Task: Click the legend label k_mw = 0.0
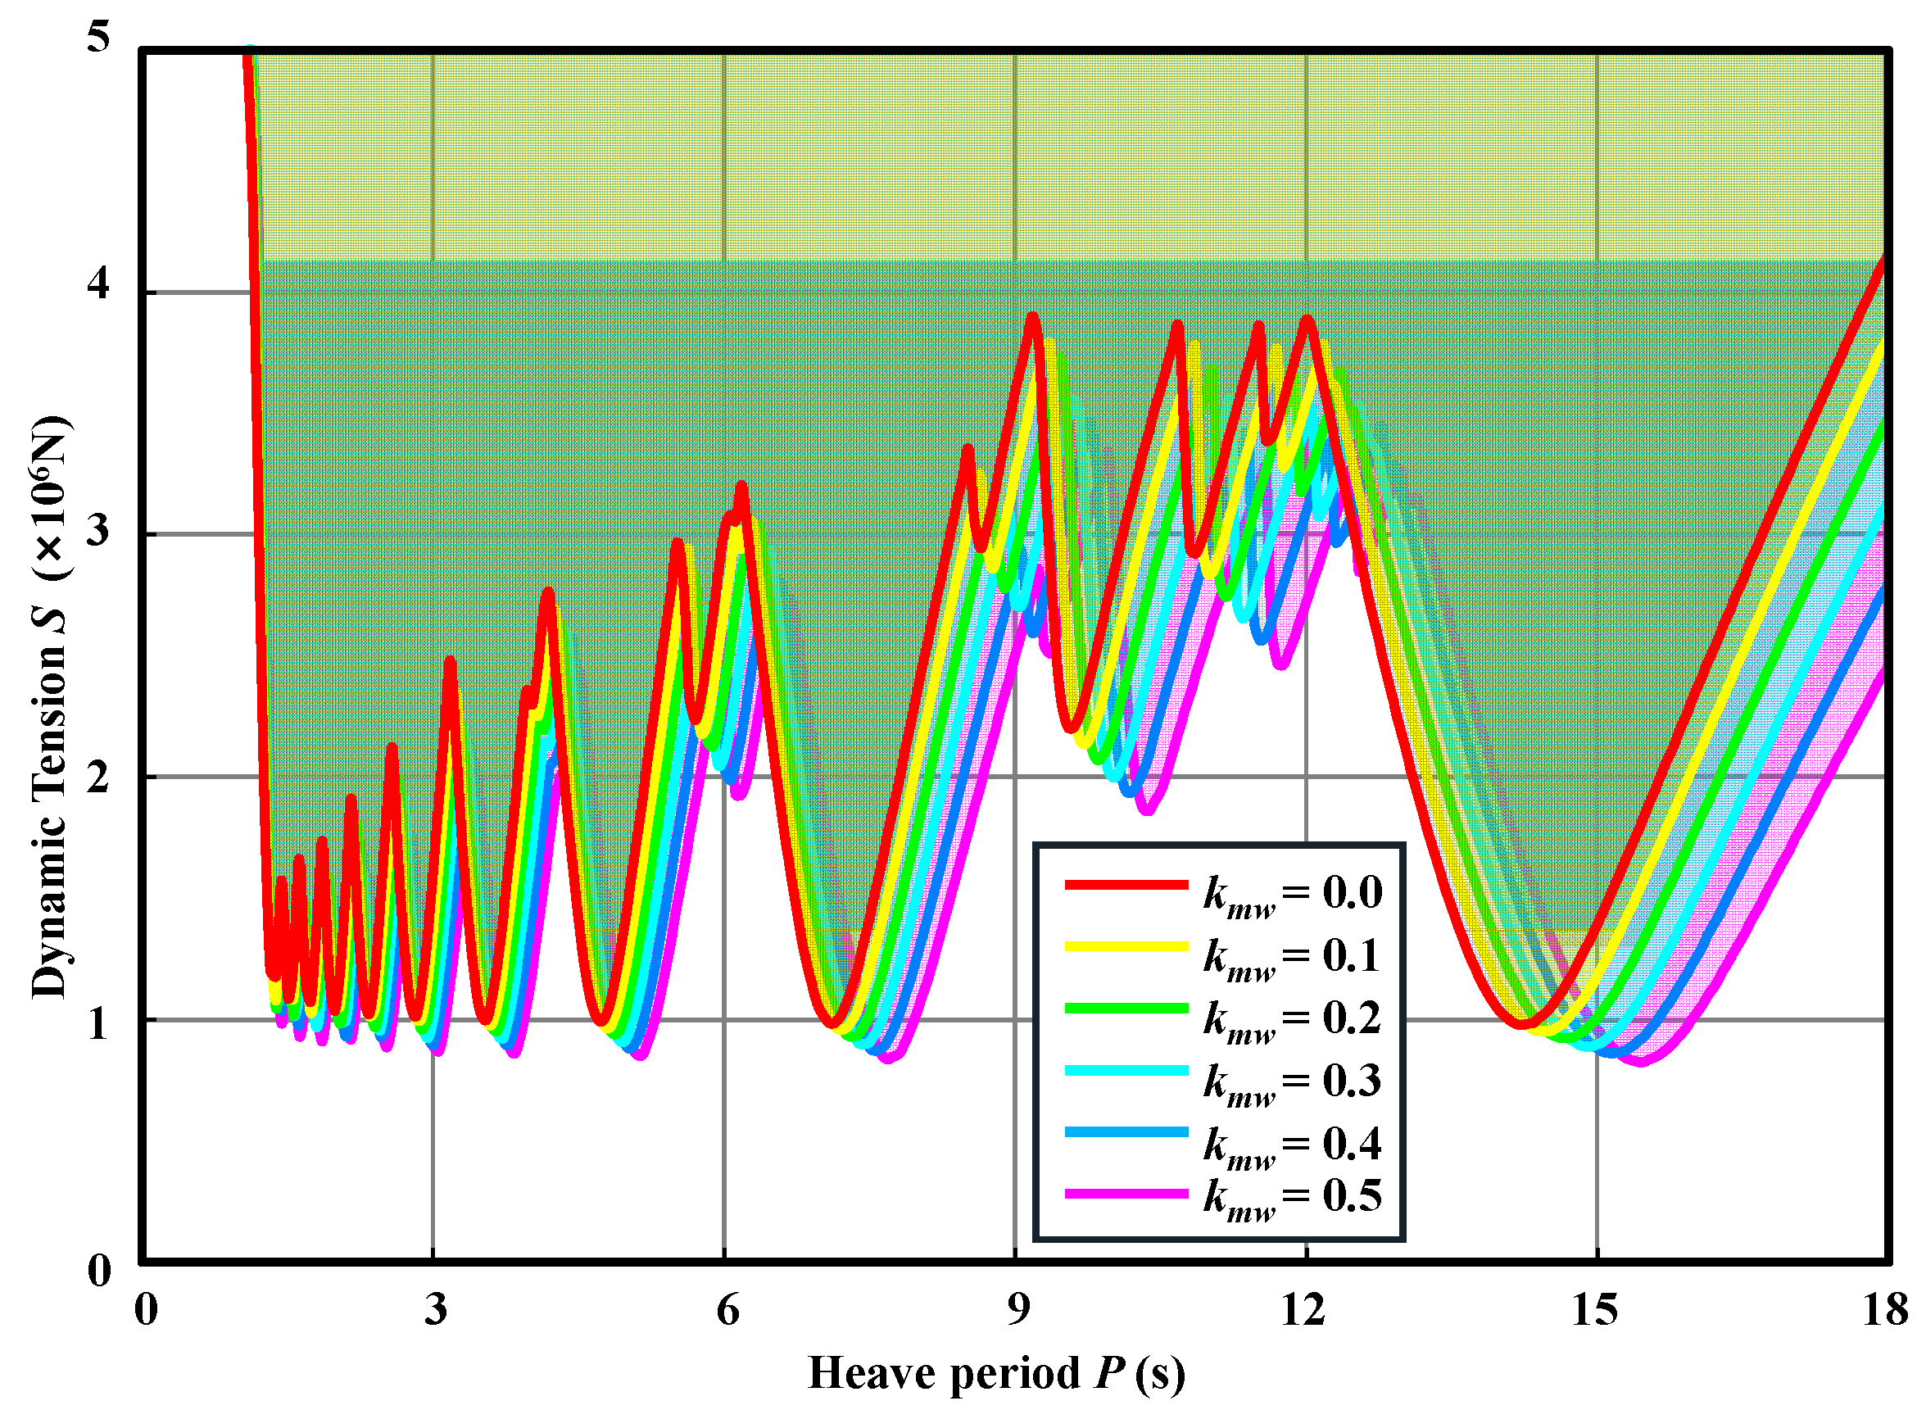tap(1291, 894)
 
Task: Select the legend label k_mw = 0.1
tap(1291, 957)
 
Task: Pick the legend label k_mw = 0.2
tap(1291, 1018)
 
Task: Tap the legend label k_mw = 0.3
tap(1291, 1081)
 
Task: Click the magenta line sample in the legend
tap(1126, 1194)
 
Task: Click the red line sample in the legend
tap(1126, 884)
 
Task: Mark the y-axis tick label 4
tap(100, 283)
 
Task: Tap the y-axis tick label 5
tap(100, 39)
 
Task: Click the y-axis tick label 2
tap(100, 776)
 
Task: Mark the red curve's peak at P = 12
tap(1307, 319)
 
